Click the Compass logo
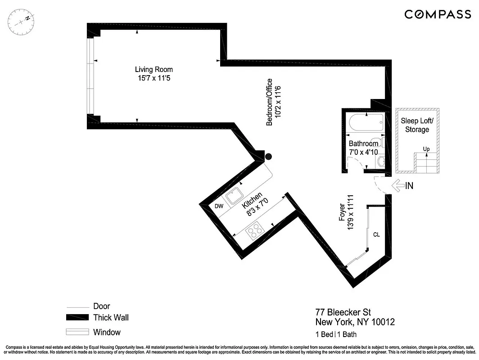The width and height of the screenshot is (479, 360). [437, 14]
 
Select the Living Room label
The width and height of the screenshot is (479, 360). [154, 69]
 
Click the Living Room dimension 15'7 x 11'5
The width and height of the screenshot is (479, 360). [154, 78]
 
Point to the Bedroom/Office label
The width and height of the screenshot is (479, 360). [269, 102]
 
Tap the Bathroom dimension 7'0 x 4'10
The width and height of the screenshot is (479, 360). [363, 152]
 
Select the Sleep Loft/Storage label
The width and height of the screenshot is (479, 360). [417, 125]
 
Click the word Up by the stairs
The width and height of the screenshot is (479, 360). [425, 149]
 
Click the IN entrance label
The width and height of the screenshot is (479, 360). [409, 185]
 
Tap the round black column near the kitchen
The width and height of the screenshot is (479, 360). [269, 157]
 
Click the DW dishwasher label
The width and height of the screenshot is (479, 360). [219, 206]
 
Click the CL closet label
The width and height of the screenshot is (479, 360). [377, 234]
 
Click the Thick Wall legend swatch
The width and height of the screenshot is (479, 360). [77, 318]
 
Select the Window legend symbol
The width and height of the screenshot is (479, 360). [77, 333]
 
